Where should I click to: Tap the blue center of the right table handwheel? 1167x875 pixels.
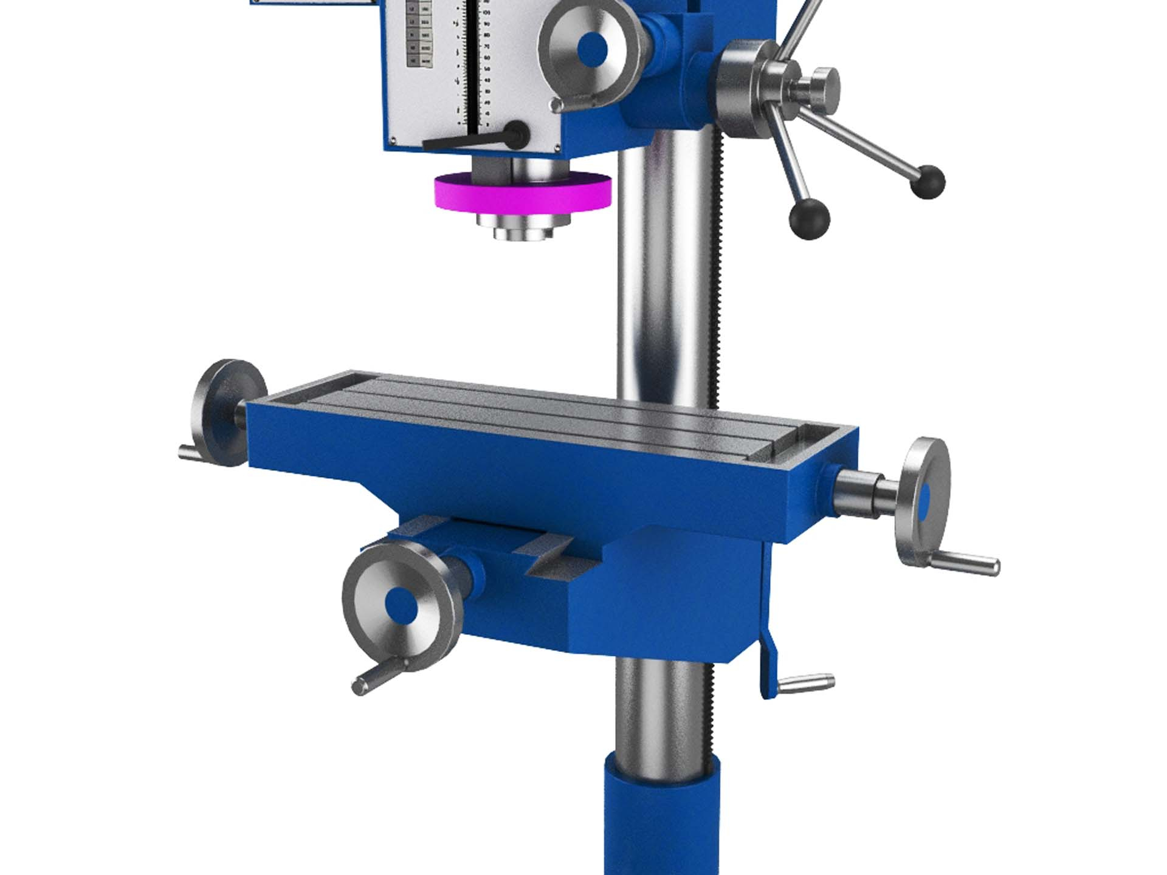point(924,503)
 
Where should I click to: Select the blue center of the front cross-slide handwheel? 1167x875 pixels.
point(402,605)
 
